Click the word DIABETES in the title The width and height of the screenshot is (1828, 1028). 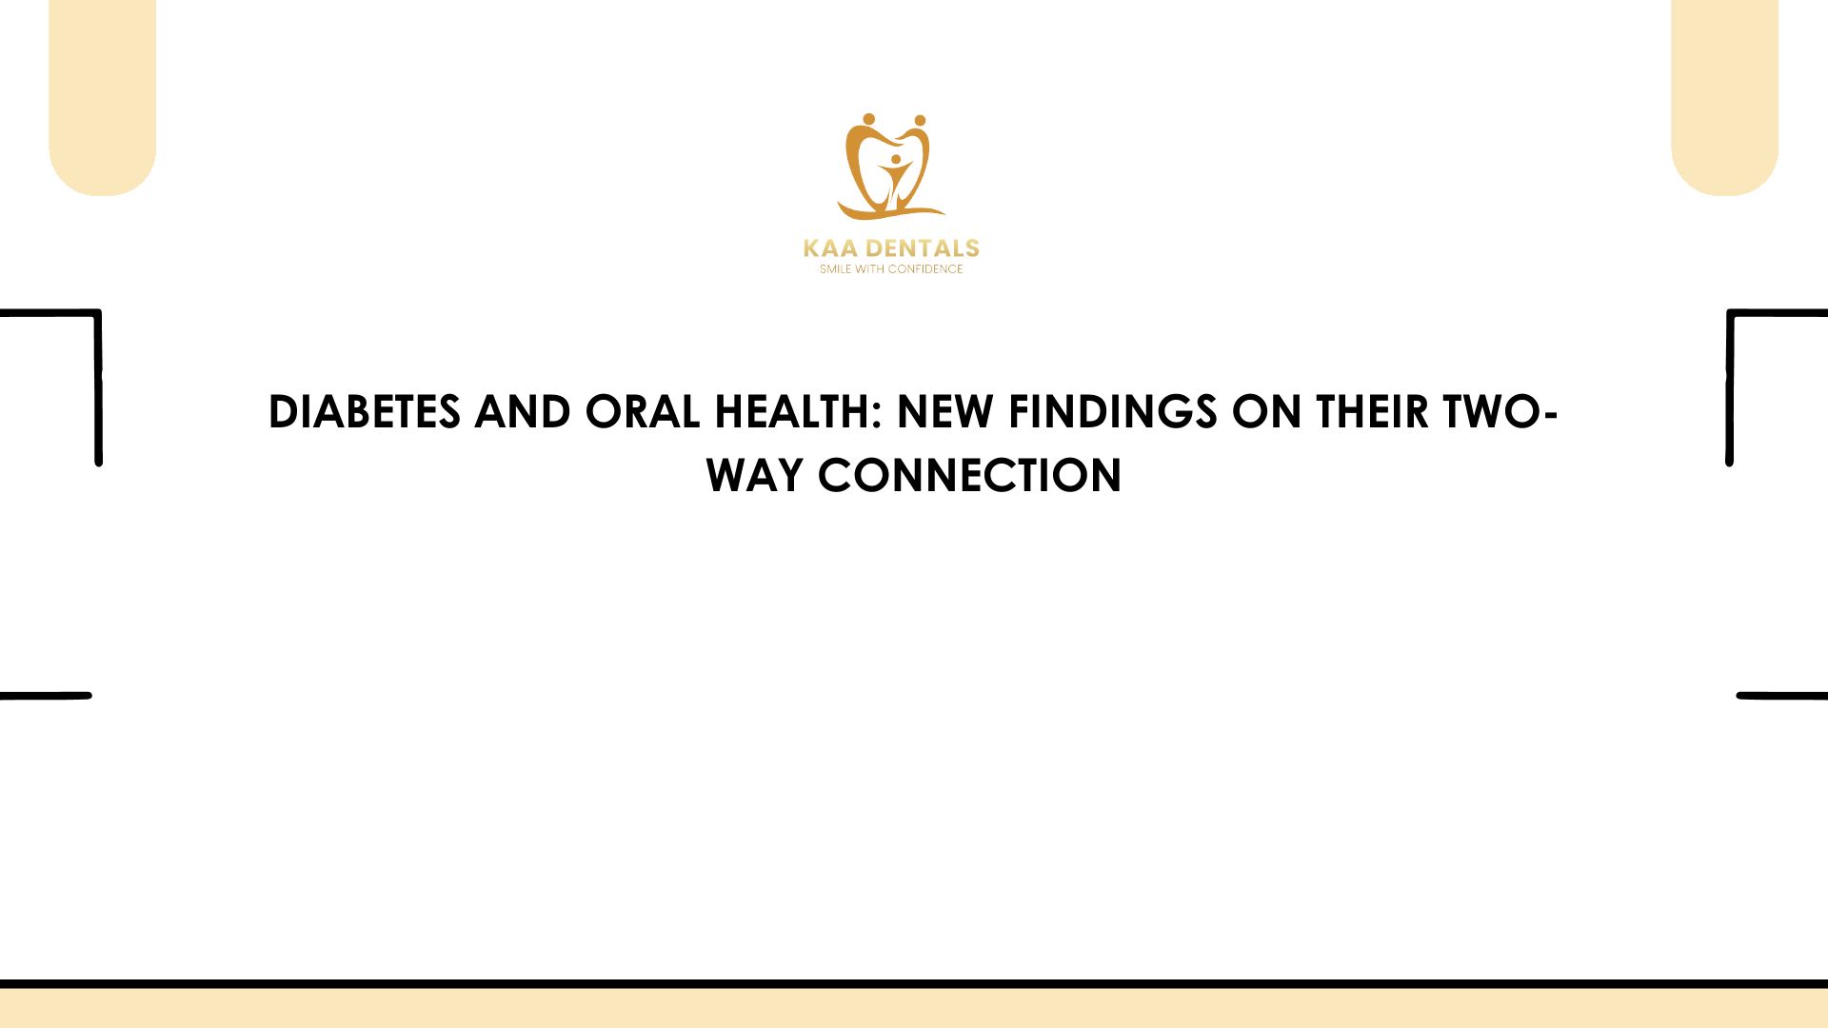pos(365,412)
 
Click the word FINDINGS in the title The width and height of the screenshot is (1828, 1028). pos(1113,412)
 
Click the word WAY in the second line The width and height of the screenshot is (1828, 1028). pos(754,476)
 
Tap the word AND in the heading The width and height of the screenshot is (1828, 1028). pos(523,412)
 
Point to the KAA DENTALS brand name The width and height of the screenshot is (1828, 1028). pos(891,248)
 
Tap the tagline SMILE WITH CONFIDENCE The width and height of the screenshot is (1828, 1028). pos(891,269)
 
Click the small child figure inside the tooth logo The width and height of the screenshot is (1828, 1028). pos(896,179)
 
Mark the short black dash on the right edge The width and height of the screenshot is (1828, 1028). pos(1782,696)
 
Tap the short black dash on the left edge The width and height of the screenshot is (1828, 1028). pos(46,696)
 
